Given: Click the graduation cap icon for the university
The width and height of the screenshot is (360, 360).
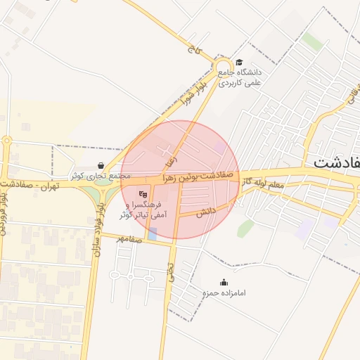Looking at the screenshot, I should (239, 62).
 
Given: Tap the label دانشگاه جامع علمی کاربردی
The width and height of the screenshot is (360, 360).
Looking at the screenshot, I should (240, 77).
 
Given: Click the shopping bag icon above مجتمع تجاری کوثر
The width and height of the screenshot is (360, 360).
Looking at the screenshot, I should (101, 166).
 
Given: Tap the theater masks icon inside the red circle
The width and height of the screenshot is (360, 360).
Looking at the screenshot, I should (143, 194).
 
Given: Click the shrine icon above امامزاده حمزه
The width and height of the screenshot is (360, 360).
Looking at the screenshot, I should (224, 282).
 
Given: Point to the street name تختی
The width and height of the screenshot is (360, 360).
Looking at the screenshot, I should (170, 272).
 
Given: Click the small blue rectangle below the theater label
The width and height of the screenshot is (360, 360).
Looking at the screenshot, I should (153, 233).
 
